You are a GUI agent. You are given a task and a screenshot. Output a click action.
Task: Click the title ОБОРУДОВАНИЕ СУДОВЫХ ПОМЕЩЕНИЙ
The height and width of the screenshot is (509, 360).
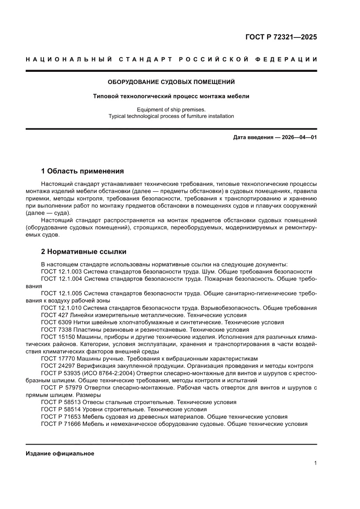(171, 82)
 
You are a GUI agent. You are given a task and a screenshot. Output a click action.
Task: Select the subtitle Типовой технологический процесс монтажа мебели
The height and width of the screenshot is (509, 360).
(171, 96)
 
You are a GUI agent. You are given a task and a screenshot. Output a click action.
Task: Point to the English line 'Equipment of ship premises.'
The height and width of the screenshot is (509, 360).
(171, 109)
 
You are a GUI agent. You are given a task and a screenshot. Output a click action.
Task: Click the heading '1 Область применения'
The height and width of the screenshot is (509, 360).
(82, 171)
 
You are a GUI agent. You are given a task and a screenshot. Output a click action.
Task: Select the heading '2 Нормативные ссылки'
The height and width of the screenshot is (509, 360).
(84, 252)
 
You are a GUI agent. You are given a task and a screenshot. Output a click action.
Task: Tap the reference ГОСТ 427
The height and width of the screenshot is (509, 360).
(54, 315)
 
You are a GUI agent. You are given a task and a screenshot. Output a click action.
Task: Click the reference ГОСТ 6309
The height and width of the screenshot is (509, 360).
(56, 322)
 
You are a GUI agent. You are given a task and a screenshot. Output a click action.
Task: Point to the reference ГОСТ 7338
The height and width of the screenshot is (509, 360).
(56, 330)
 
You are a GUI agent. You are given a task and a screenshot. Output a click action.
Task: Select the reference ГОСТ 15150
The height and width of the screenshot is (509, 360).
(58, 337)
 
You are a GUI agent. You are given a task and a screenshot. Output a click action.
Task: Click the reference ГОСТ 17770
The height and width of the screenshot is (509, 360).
(58, 358)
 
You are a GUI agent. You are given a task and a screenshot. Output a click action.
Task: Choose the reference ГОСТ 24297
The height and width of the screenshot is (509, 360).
(58, 366)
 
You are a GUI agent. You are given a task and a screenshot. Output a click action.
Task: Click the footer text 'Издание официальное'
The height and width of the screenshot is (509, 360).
(60, 453)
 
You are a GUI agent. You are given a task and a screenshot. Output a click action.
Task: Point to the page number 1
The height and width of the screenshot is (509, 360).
(315, 463)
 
